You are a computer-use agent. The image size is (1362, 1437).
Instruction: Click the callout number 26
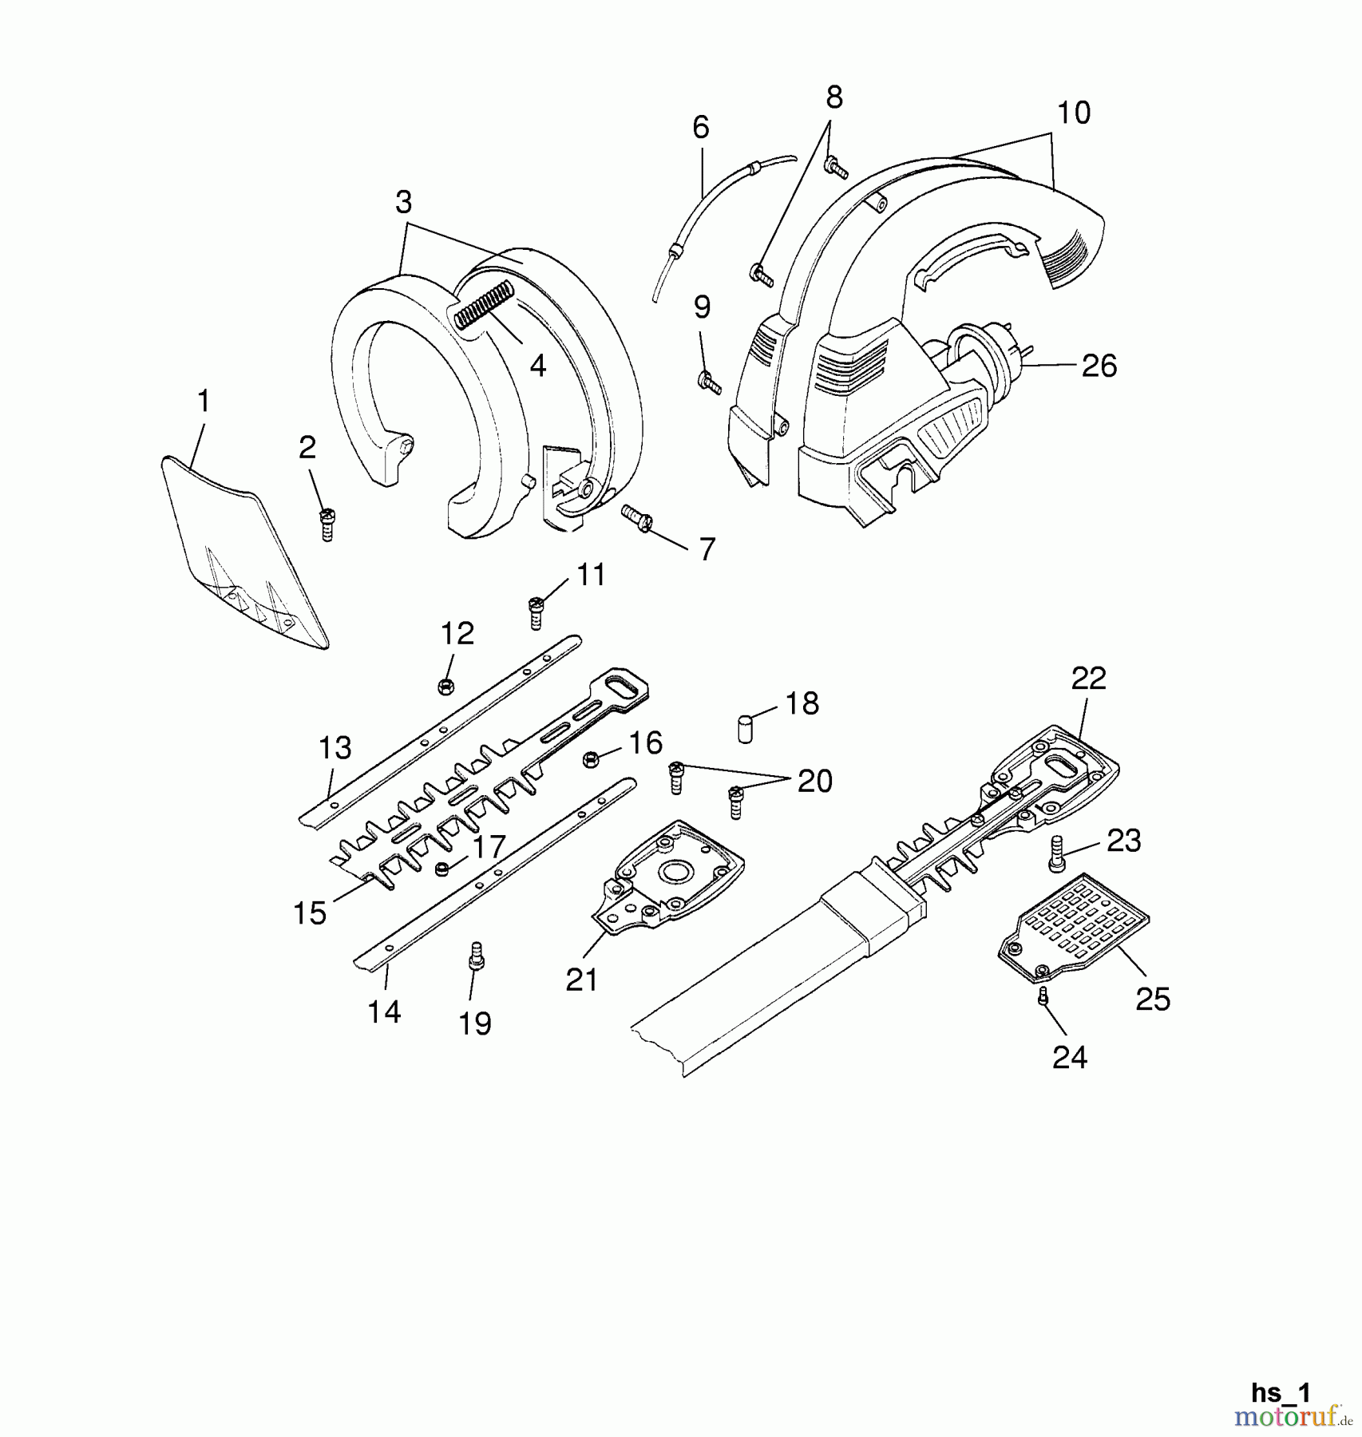(1099, 366)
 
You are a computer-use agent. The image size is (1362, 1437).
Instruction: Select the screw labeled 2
(326, 524)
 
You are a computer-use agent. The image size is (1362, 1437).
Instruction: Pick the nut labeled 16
(592, 759)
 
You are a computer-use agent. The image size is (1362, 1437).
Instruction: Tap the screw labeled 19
(477, 954)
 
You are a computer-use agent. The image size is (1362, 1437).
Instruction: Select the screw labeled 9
(709, 382)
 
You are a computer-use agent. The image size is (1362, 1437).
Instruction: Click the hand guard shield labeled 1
(240, 551)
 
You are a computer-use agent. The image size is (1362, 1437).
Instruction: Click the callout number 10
(1073, 113)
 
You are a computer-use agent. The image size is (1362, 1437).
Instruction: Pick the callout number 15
(310, 912)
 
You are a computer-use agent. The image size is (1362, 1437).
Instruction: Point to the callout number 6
(700, 128)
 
